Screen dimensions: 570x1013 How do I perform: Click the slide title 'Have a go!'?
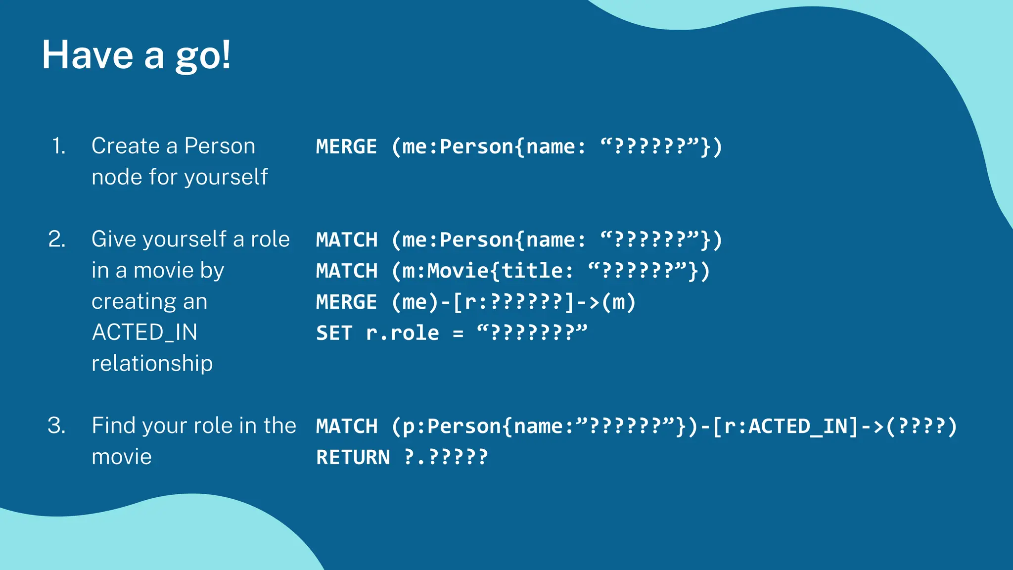(x=136, y=55)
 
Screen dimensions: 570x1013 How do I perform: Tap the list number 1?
(x=58, y=146)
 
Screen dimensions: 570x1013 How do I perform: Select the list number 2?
(x=57, y=239)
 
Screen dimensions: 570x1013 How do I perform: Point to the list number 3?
(x=56, y=426)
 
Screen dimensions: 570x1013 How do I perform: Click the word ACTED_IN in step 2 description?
(x=144, y=332)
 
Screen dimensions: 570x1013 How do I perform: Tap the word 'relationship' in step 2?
(x=152, y=363)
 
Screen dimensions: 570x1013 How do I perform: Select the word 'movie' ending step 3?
(x=122, y=457)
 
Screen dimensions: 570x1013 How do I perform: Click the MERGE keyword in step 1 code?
(x=346, y=147)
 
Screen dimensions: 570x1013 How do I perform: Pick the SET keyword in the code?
(x=334, y=333)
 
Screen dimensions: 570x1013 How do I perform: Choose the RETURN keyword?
(x=353, y=457)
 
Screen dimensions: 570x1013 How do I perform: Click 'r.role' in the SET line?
(x=402, y=333)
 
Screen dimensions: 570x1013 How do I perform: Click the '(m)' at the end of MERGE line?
(x=618, y=302)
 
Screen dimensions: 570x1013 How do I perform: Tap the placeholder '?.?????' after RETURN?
(x=446, y=457)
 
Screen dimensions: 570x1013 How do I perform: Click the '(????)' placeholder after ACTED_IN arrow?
(x=921, y=426)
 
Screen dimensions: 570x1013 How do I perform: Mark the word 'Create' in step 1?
(x=126, y=146)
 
